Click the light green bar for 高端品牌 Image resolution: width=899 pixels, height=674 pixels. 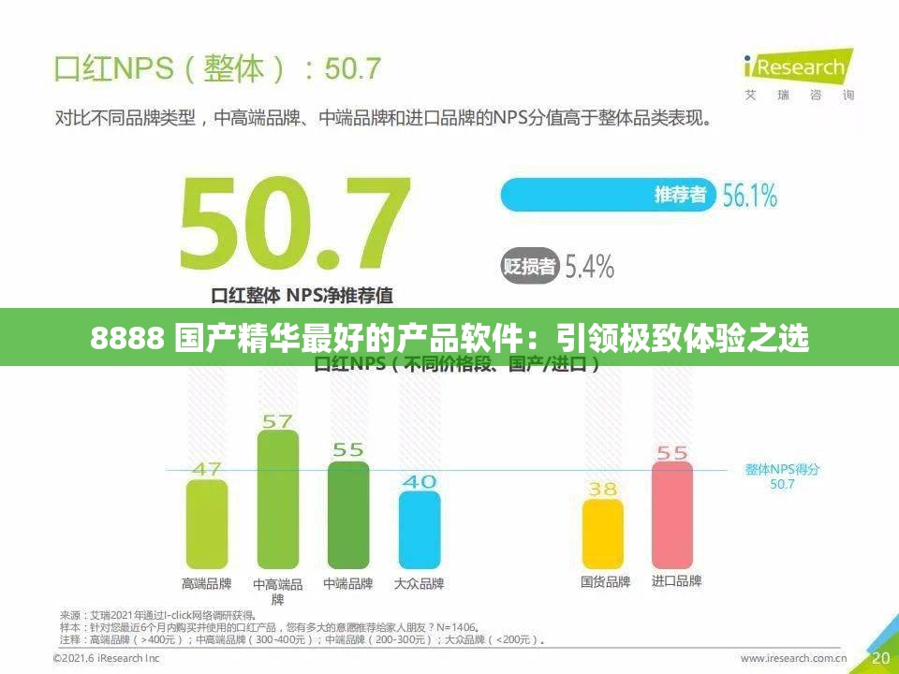click(x=207, y=524)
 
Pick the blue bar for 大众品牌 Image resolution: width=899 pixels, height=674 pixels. click(x=420, y=530)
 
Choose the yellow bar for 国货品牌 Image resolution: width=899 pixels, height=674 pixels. click(x=603, y=534)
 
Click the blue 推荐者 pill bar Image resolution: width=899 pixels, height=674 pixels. click(x=609, y=195)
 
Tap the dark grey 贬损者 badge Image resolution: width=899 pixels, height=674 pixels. click(x=530, y=266)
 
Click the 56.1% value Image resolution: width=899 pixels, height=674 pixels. click(x=749, y=195)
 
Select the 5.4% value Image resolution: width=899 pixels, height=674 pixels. click(x=588, y=267)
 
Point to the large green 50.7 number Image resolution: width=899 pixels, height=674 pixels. click(x=294, y=225)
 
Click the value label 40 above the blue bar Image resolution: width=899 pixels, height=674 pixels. click(x=419, y=481)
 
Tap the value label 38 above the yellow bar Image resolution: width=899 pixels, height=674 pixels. click(x=602, y=489)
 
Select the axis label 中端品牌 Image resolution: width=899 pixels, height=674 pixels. click(x=348, y=583)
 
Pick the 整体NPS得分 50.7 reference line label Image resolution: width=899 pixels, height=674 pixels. click(x=782, y=476)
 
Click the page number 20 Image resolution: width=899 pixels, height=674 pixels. click(x=880, y=658)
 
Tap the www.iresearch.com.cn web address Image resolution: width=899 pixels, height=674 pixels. click(x=794, y=658)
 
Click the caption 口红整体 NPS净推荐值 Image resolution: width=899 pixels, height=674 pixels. click(x=302, y=295)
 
